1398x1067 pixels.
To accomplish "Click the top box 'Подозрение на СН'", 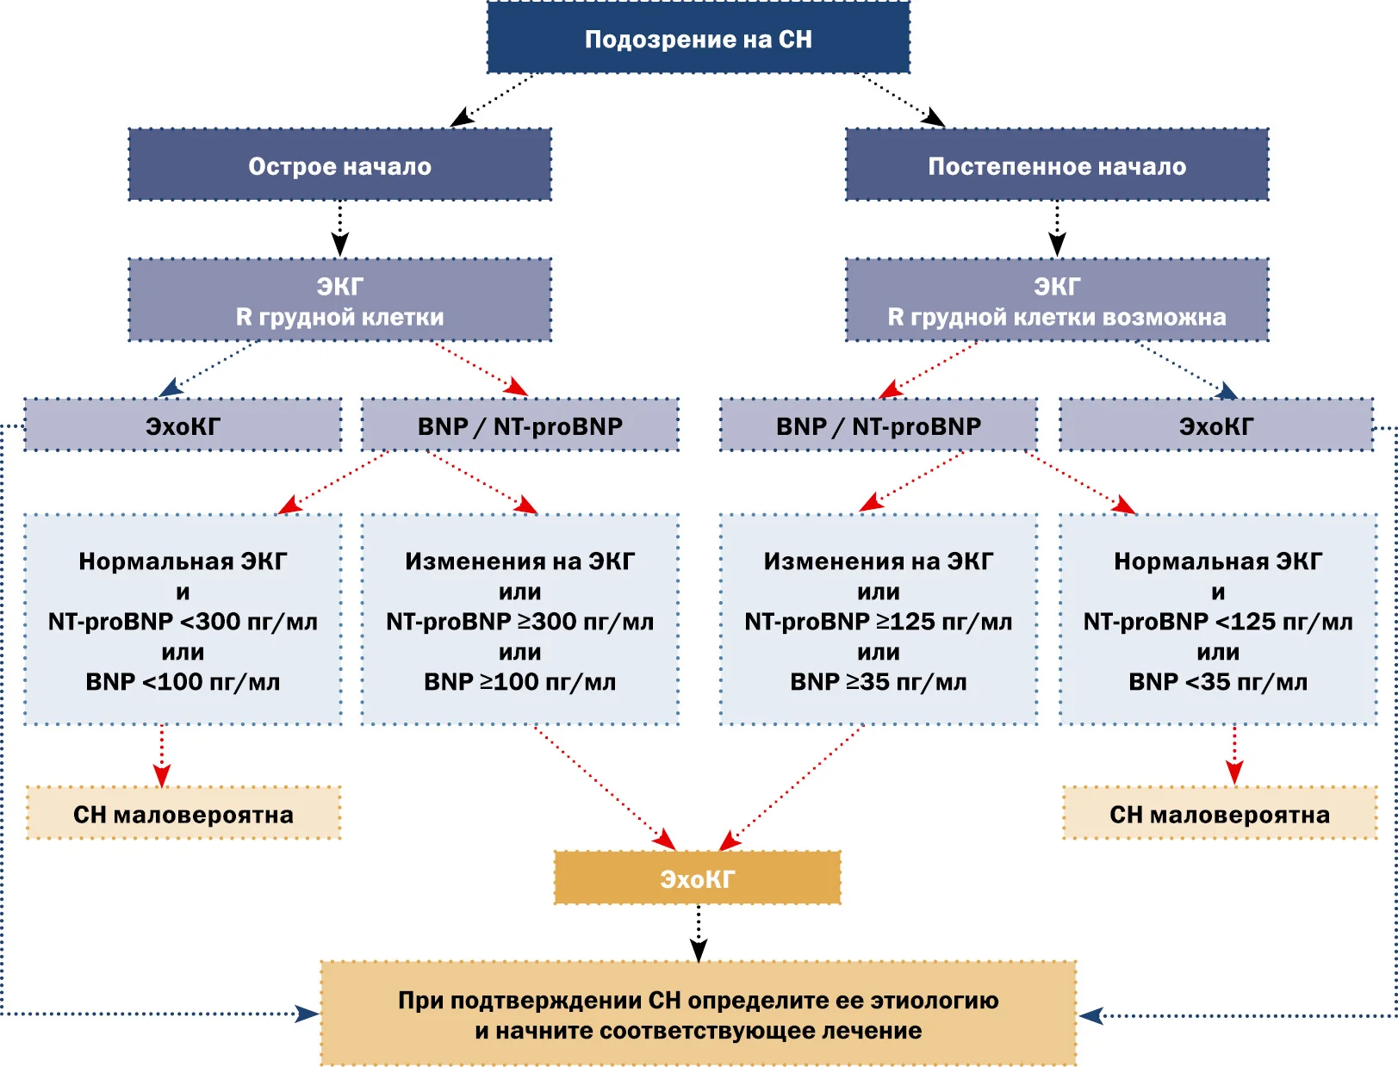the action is (x=698, y=37).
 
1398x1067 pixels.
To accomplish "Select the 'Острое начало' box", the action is (x=339, y=164).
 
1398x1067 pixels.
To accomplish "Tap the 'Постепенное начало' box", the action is (x=1057, y=164).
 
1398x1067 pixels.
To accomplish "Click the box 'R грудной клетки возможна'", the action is (x=1057, y=300).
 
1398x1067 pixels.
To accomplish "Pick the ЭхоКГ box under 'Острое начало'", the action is (x=183, y=425).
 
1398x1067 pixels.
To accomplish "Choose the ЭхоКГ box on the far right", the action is (x=1216, y=425).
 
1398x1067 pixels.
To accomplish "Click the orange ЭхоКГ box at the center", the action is (x=698, y=878).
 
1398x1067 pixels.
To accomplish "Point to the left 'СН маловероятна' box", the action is (x=183, y=813).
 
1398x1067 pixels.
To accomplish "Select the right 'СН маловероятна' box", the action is (x=1220, y=813).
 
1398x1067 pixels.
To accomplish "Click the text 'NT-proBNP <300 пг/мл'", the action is (x=183, y=622).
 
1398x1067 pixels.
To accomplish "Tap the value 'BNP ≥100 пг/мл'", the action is (x=519, y=682).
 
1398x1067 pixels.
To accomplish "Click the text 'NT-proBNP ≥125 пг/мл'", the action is (x=879, y=622).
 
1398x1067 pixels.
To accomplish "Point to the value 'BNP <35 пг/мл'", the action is (x=1218, y=682).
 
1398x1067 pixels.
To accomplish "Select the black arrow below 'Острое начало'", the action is (x=339, y=229).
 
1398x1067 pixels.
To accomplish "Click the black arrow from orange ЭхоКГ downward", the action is (x=698, y=933).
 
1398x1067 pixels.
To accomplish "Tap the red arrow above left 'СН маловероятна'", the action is (x=162, y=756).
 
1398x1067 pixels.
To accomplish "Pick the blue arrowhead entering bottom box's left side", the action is (x=307, y=1014).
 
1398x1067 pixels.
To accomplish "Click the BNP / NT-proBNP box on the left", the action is (x=519, y=425).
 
